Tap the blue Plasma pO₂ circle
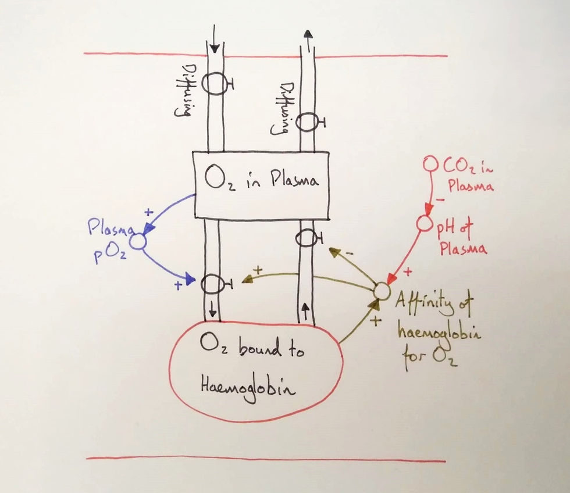coord(138,242)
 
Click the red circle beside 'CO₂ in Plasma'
coord(431,163)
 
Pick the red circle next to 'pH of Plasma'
coord(424,223)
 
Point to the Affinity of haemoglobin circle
coord(382,291)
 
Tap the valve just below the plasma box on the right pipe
coord(308,239)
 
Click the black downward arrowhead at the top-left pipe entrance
coord(215,48)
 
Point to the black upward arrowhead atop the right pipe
coord(308,34)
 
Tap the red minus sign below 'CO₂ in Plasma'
coord(440,199)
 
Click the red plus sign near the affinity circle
coord(408,271)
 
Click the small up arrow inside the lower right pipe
coord(305,312)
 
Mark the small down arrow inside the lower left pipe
coord(213,310)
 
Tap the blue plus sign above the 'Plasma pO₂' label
coord(149,212)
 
